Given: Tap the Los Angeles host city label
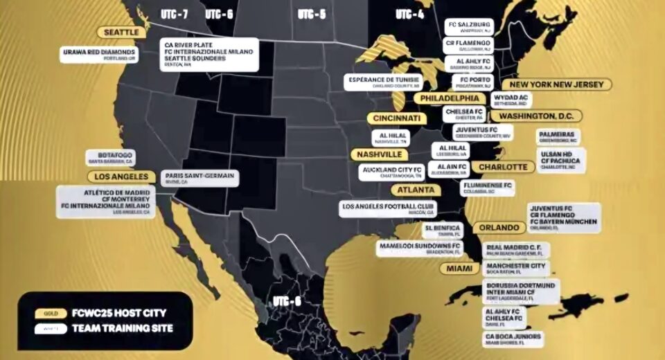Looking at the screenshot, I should coord(121,177).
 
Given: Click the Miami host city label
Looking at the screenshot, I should coord(459,268).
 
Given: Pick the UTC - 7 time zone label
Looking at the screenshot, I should coord(174,15).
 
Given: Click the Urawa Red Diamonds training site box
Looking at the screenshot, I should coord(98,54).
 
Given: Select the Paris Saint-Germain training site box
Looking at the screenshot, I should coord(199,179).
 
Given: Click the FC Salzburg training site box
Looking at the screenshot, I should coord(468,26).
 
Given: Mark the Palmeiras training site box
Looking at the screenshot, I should coord(558,136).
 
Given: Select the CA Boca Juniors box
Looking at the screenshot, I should coord(513,339).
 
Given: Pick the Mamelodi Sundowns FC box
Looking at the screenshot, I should coord(419,248).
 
